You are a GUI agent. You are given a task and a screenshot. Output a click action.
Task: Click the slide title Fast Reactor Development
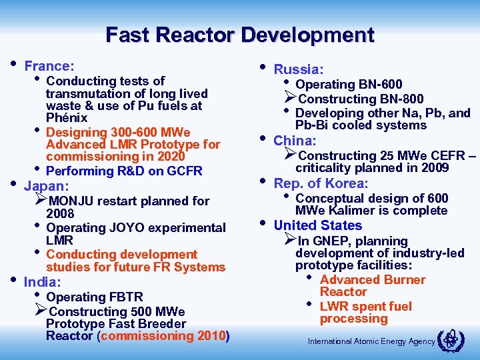tap(240, 34)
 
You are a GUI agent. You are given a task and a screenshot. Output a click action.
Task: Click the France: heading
tap(49, 66)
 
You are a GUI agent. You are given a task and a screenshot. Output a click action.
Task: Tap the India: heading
tap(43, 282)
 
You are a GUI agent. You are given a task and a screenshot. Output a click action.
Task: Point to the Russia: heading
tap(299, 69)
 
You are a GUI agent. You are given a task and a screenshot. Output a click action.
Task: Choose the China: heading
tap(295, 140)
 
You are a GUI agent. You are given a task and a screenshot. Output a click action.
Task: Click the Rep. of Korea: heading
tap(321, 183)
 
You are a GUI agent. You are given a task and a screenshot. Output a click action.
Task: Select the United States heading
tap(317, 225)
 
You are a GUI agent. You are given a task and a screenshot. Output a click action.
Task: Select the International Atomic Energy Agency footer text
tap(371, 342)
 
